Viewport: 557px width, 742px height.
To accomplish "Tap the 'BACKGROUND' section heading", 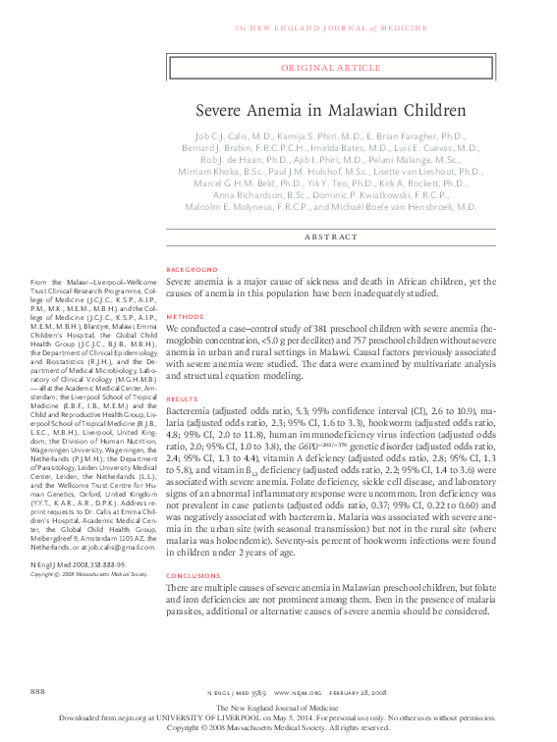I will (193, 269).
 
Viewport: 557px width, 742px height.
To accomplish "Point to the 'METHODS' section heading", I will (185, 317).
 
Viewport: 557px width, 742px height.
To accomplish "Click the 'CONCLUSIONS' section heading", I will (195, 575).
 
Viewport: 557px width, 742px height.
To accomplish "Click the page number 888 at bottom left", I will (39, 693).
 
